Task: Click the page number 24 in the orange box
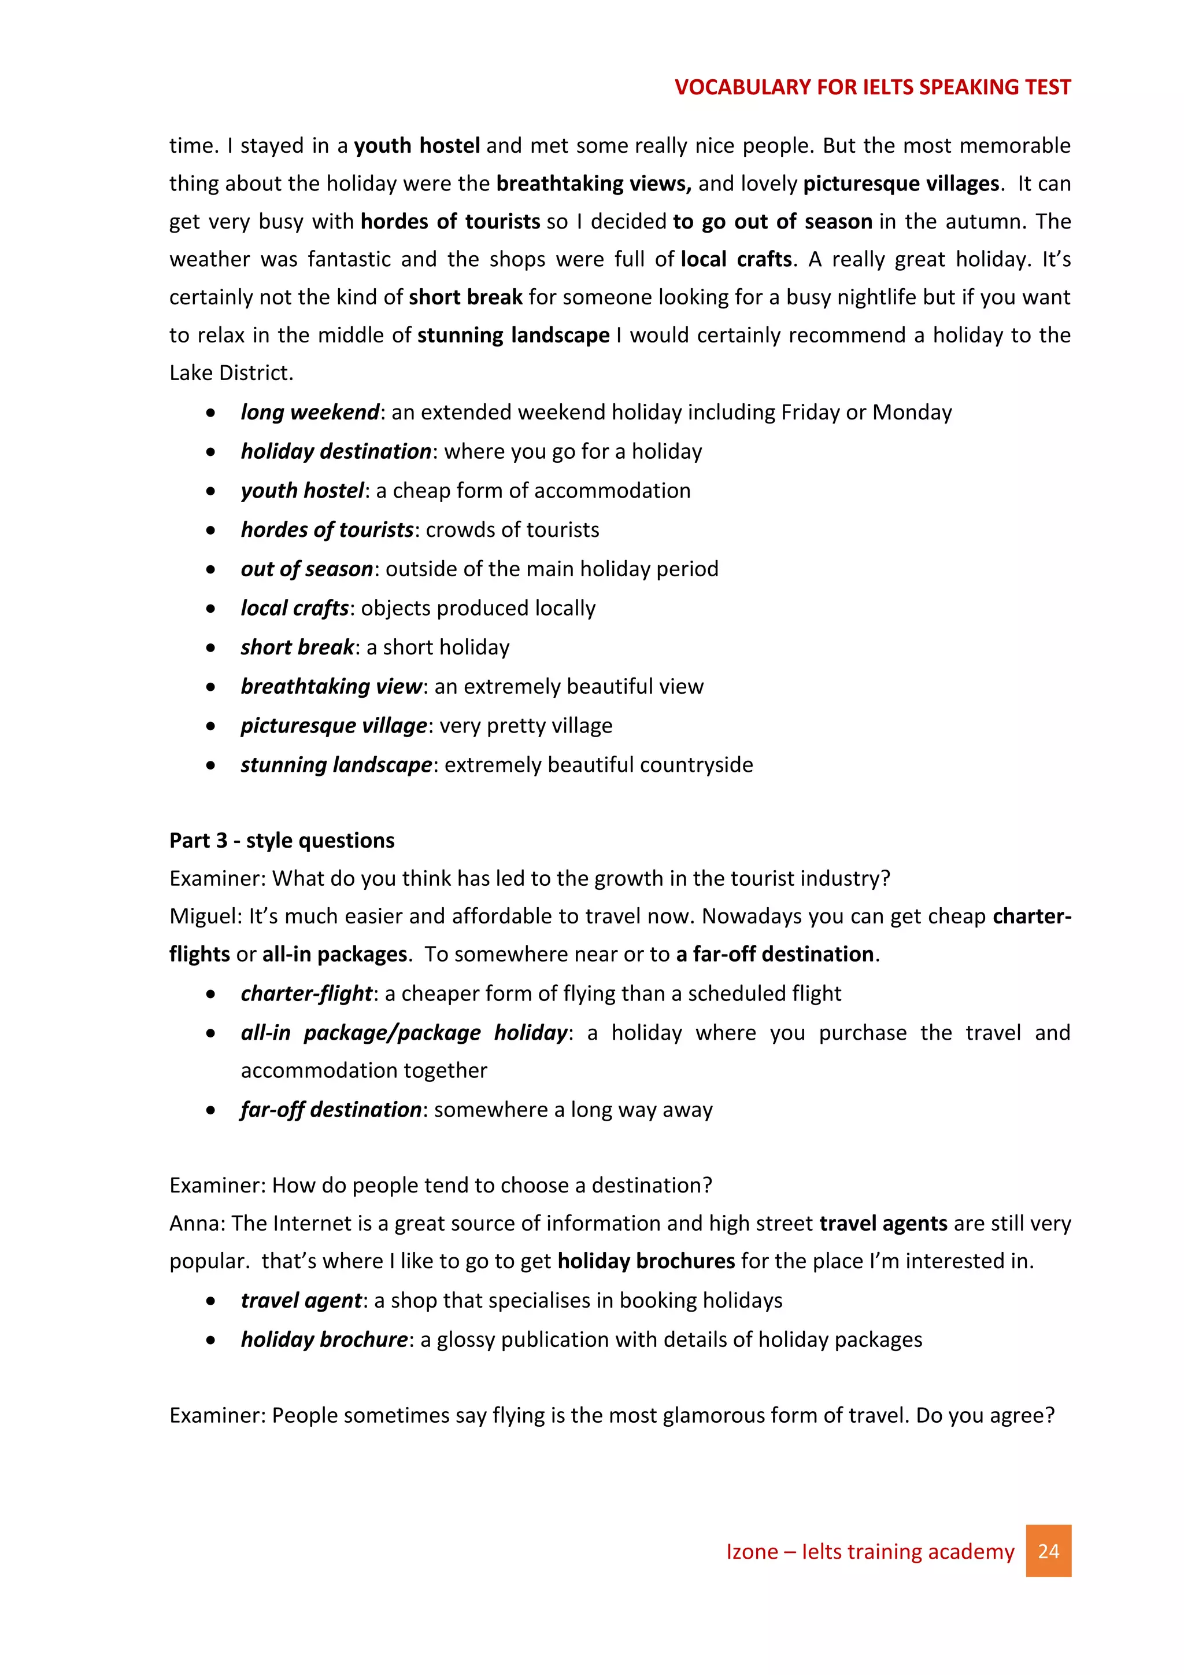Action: pos(1048,1551)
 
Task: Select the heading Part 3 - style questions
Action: pos(282,841)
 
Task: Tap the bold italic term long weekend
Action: pos(310,412)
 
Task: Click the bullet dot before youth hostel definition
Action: pos(210,491)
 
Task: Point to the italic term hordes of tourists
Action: pos(327,529)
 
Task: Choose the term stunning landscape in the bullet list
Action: pos(336,764)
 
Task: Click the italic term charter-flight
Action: pos(306,993)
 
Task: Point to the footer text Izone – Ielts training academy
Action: pos(869,1551)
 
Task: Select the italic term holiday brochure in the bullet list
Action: pos(324,1339)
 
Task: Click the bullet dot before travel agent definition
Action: pos(210,1301)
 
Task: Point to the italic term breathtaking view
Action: pos(331,686)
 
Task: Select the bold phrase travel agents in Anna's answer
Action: pos(883,1224)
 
